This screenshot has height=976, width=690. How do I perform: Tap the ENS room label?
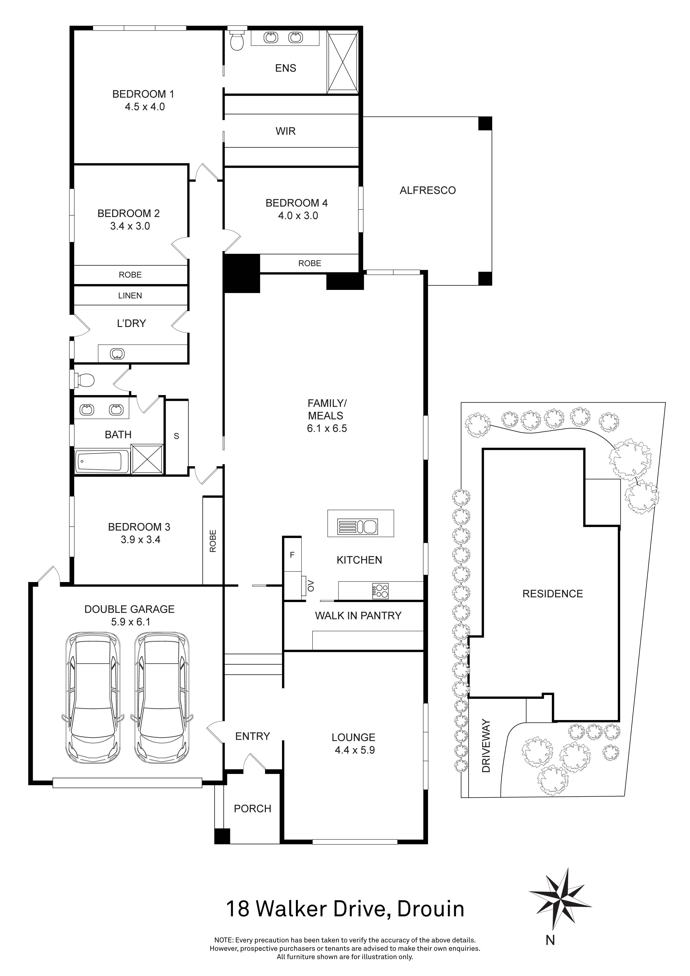click(x=286, y=68)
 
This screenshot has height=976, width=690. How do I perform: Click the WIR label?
click(x=286, y=131)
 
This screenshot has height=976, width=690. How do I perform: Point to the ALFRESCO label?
click(x=427, y=190)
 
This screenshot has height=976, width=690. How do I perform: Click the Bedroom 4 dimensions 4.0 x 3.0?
click(x=298, y=216)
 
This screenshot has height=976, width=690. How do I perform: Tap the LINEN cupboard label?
click(x=130, y=295)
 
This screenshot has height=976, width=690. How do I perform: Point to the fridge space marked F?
click(x=292, y=555)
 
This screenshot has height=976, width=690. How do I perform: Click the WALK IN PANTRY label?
click(x=358, y=615)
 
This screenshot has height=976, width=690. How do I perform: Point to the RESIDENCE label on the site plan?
click(x=552, y=594)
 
